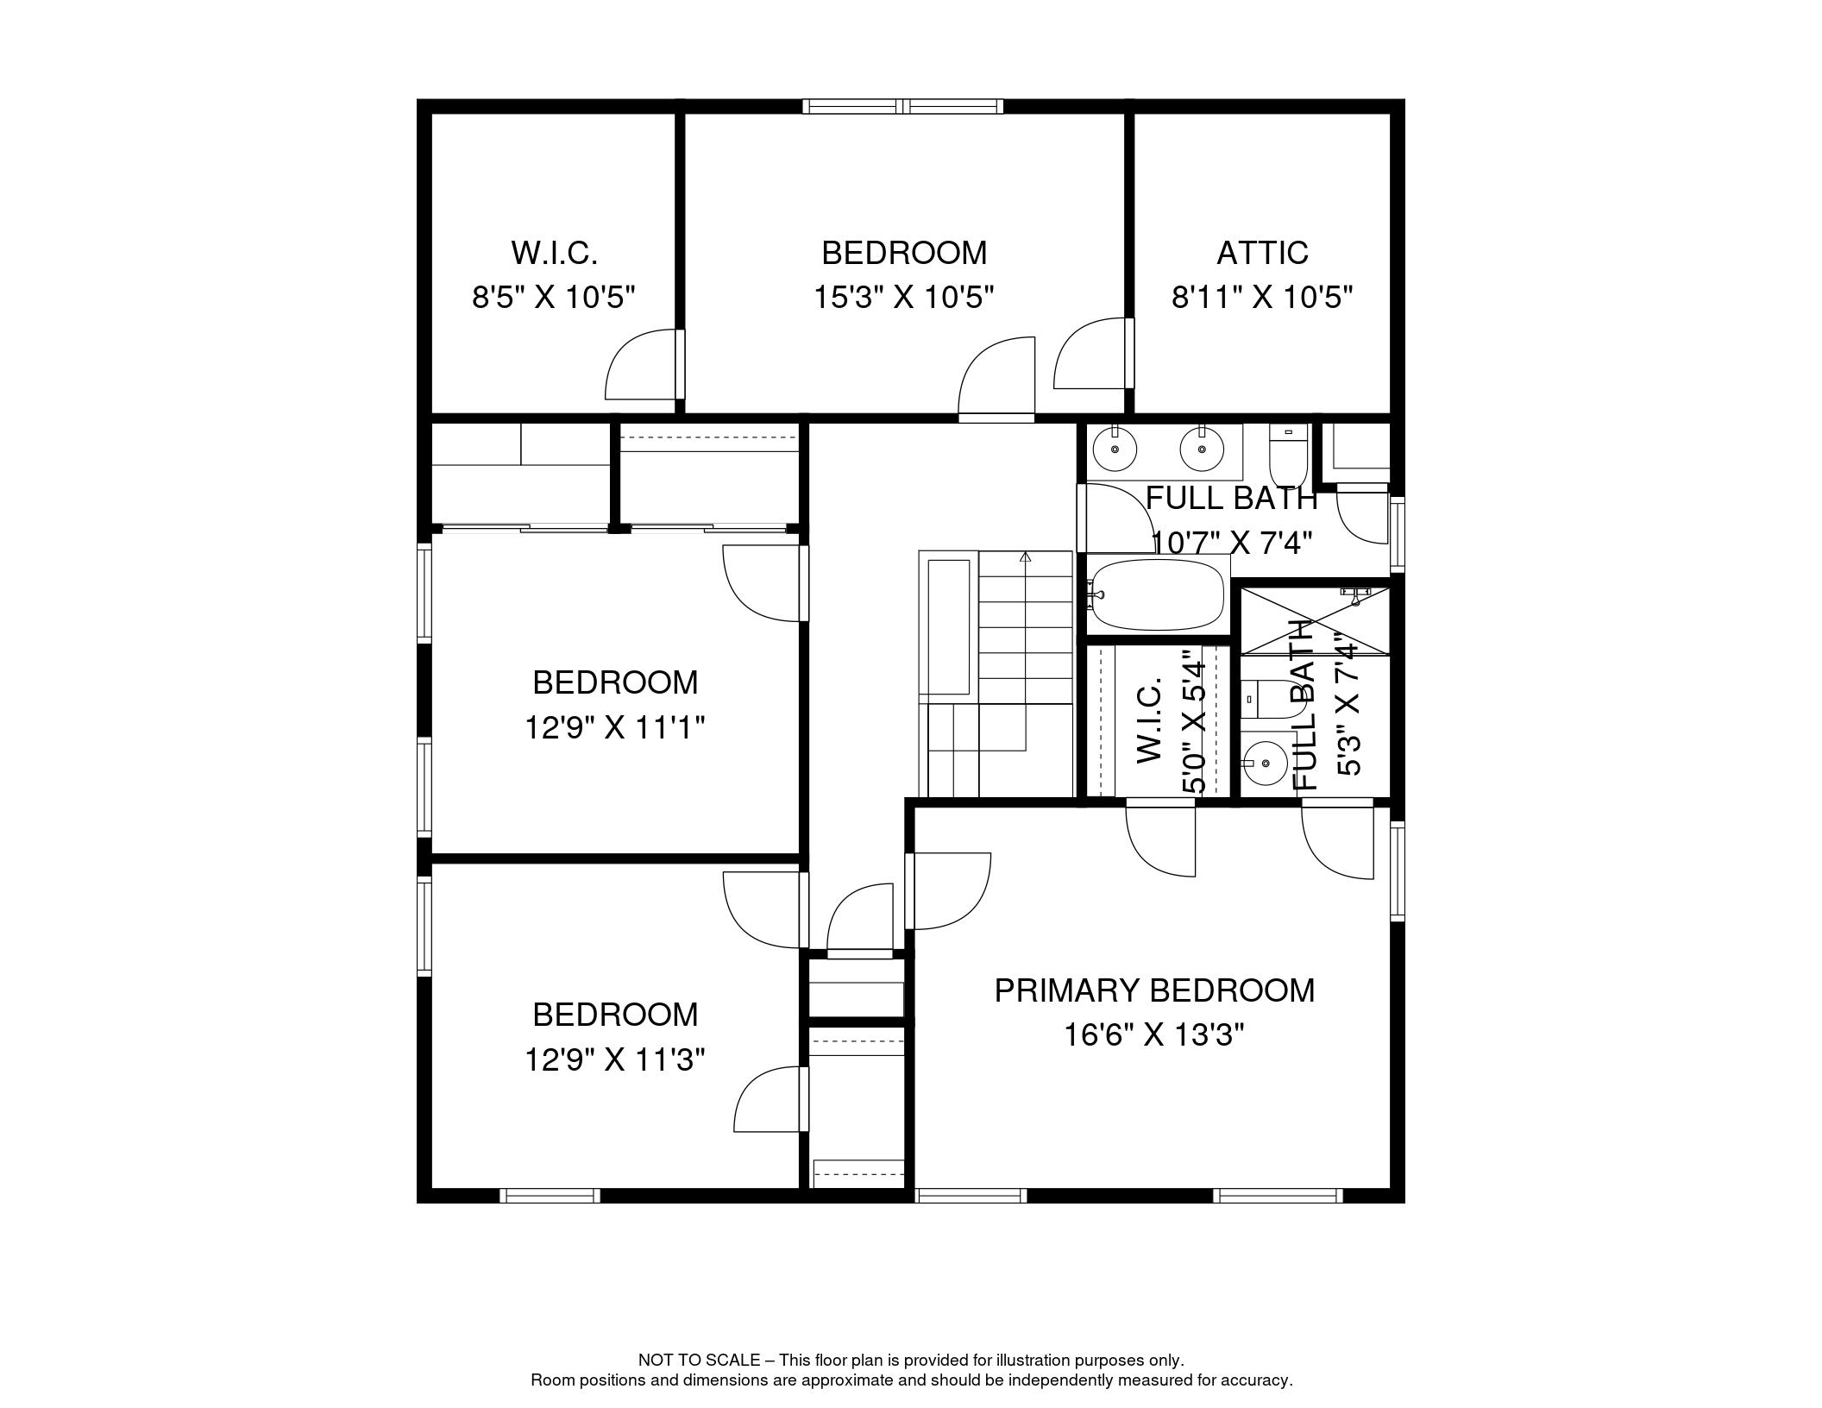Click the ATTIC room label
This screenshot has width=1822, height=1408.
[1262, 253]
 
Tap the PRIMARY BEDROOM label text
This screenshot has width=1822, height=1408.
[1154, 990]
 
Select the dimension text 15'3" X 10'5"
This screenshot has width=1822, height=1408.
[904, 298]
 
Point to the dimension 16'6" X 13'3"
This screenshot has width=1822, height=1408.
[1154, 1034]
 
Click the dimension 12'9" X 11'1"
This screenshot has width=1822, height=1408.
[615, 728]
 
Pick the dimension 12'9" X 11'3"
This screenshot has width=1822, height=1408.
[615, 1059]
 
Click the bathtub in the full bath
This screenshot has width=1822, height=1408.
[1156, 594]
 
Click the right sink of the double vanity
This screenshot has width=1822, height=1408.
[1201, 449]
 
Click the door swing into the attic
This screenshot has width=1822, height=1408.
[1090, 353]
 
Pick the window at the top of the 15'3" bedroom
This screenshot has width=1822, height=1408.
[903, 106]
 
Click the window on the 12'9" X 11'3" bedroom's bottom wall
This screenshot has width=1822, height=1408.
[550, 1196]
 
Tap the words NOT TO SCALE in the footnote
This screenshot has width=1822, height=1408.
[699, 1361]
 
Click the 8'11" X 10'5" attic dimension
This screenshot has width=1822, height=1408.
[1262, 298]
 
